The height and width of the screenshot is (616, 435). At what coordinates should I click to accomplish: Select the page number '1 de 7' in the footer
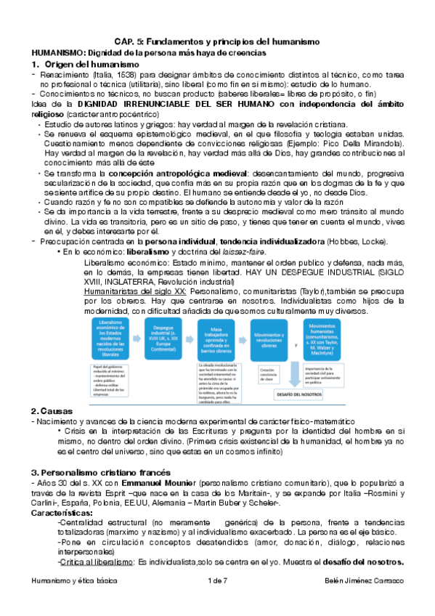(x=217, y=601)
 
